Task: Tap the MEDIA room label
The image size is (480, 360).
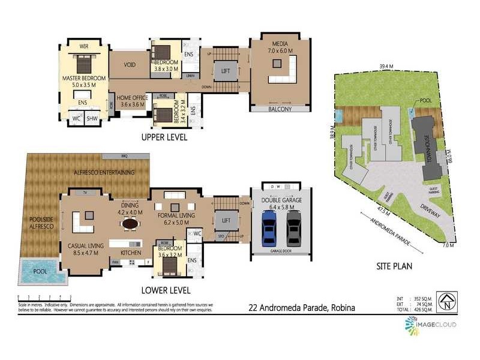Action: (x=280, y=43)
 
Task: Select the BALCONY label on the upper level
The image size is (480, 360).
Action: (x=279, y=109)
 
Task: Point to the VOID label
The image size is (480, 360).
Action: (x=129, y=65)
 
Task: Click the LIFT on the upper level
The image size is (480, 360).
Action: (x=226, y=71)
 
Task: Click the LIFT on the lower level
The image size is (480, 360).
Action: (x=226, y=221)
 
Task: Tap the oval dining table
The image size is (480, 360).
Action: (x=130, y=223)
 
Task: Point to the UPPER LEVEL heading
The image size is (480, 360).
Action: (x=164, y=137)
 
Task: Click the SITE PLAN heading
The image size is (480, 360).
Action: (x=393, y=266)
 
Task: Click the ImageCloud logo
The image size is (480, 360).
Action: (x=430, y=325)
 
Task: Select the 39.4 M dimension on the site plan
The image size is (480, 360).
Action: (x=386, y=67)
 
